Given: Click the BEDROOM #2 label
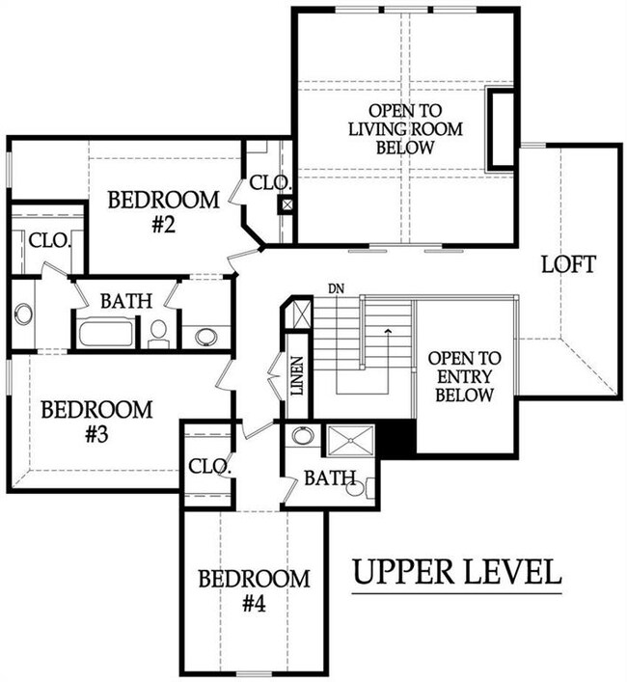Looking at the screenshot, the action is [164, 212].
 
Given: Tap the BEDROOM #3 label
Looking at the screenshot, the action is [97, 422].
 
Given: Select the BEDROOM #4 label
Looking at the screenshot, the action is [255, 590].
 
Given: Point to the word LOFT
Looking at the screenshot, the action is [568, 264].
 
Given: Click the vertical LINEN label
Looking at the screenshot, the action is [297, 376].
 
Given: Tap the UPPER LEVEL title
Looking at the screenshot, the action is [456, 571].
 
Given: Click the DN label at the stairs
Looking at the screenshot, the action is [336, 287].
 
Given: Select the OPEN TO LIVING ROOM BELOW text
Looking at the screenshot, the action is [405, 129].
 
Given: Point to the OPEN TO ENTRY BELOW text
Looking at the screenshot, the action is [464, 376].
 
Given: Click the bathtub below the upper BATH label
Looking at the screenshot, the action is [106, 334].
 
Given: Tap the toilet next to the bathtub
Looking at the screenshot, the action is [159, 334].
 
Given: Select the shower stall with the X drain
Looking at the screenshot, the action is [350, 441].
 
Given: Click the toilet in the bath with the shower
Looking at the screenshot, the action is [361, 488].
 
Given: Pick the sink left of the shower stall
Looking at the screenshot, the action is [303, 436].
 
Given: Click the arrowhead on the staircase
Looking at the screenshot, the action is [387, 332].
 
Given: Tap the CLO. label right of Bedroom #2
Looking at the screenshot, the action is [270, 182].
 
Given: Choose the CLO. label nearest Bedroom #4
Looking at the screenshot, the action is [209, 466].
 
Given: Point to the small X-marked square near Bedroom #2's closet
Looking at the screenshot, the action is [286, 205].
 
